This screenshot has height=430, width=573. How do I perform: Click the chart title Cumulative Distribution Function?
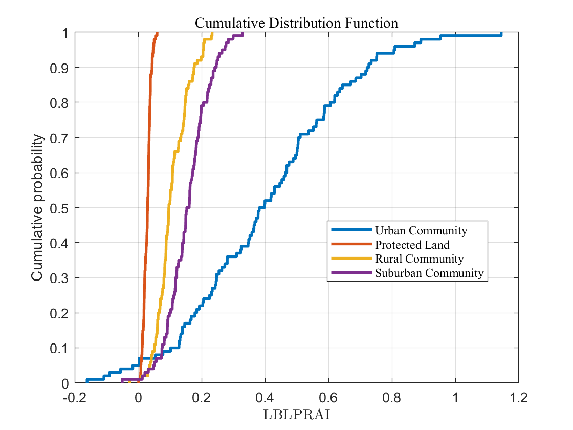[x=296, y=23]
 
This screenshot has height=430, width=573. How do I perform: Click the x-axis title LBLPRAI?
[x=296, y=415]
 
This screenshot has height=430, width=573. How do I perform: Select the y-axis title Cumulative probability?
[x=37, y=207]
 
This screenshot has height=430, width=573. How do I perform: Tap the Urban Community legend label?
[x=421, y=230]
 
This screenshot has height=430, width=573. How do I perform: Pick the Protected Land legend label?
[x=412, y=245]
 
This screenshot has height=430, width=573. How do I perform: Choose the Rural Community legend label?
[x=419, y=259]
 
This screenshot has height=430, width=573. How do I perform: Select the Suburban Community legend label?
[x=429, y=273]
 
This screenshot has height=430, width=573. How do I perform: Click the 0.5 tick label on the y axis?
[x=59, y=208]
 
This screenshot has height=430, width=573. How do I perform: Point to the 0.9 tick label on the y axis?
[x=59, y=68]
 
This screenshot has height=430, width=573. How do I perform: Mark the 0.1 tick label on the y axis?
[x=59, y=348]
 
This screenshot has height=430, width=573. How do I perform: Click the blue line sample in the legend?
[x=351, y=230]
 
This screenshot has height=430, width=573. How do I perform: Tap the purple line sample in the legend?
[x=351, y=273]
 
